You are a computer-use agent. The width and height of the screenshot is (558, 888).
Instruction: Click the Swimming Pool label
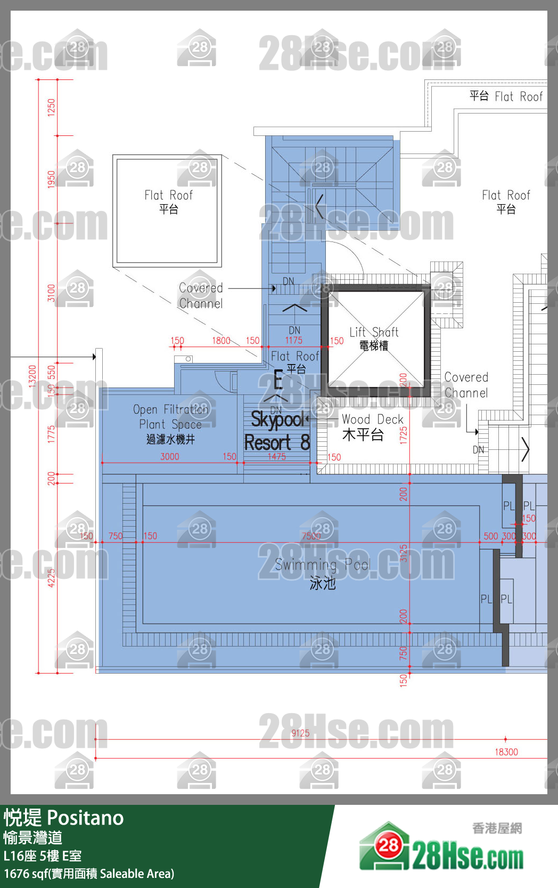pos(322,574)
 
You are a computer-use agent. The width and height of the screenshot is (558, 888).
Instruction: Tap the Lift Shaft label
pos(374,338)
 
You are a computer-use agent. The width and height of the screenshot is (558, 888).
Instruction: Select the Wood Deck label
pos(372,427)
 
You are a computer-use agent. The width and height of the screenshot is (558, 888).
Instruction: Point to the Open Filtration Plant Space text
pos(170,424)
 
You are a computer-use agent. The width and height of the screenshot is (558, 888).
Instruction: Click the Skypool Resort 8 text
pos(277,431)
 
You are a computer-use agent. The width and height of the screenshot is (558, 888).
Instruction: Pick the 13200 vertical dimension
pos(32,376)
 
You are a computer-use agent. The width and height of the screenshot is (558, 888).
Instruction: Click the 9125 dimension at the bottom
pos(300,733)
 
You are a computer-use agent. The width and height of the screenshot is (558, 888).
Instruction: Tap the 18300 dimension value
pos(506,752)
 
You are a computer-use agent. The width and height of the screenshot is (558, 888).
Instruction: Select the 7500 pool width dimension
pos(311,536)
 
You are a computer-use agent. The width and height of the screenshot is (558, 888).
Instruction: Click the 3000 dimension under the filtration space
pos(170,457)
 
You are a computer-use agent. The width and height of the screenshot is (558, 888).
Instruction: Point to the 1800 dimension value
pos(221,341)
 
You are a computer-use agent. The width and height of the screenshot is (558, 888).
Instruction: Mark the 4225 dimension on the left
pos(52,578)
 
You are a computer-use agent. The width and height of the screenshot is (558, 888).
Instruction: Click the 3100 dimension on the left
pos(52,293)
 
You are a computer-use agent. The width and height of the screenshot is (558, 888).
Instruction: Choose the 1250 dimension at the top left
pos(52,107)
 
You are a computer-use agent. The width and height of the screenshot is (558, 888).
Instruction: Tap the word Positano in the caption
pos(85,818)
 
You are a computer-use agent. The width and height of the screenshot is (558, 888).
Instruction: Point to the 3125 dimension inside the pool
pos(404,553)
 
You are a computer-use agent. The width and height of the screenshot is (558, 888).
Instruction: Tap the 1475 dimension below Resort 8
pos(277,457)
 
